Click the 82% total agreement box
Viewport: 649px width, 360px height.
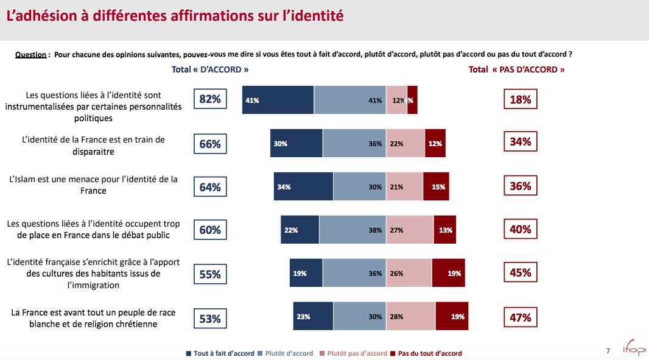(x=210, y=99)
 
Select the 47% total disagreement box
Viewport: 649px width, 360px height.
(x=521, y=317)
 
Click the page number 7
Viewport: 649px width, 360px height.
(x=608, y=350)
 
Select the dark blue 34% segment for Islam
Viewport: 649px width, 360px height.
(x=303, y=186)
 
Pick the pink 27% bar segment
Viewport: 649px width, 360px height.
(x=410, y=230)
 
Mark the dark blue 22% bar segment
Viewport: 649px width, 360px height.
(x=300, y=230)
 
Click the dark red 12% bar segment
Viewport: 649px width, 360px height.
(x=435, y=144)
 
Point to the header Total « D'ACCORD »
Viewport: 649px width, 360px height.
(x=210, y=69)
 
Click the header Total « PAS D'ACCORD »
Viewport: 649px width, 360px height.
(x=516, y=69)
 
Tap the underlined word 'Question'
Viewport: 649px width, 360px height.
(x=30, y=55)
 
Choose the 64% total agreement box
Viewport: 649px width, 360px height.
(x=210, y=187)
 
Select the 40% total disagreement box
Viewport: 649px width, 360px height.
(x=521, y=230)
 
